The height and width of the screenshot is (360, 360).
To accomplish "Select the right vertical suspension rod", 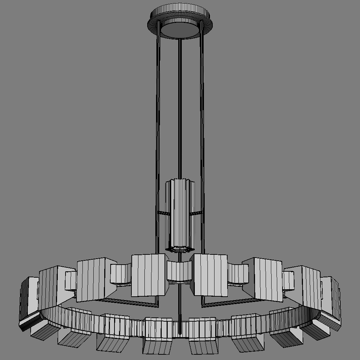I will pyautogui.click(x=202, y=123).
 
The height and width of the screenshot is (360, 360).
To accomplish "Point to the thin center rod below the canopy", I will pyautogui.click(x=180, y=106).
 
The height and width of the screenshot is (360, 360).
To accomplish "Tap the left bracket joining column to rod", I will pyautogui.click(x=164, y=213).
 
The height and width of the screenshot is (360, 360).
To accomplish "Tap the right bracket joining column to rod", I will pyautogui.click(x=196, y=213).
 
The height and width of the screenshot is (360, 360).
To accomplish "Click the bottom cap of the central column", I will pyautogui.click(x=180, y=249).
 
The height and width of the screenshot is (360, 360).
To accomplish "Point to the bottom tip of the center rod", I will pyautogui.click(x=180, y=333).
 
